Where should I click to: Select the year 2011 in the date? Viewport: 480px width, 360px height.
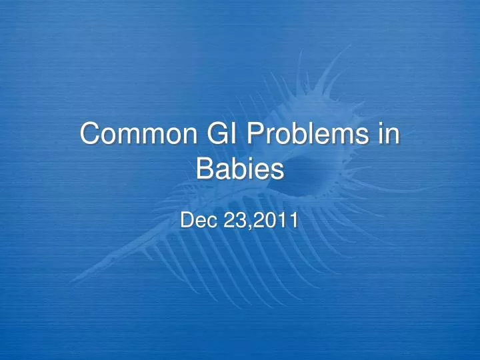[276, 220]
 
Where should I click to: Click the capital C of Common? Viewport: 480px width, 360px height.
[90, 135]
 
